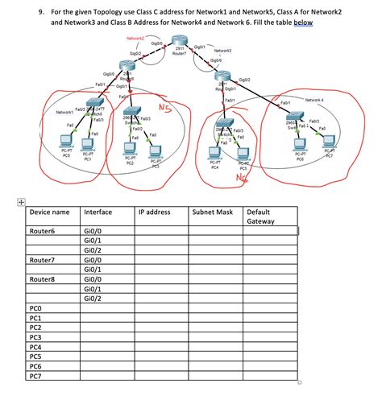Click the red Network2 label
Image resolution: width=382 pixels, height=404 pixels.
coord(139,39)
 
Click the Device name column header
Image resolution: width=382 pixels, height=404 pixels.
coord(50,212)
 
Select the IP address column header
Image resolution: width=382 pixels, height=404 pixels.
coord(153,212)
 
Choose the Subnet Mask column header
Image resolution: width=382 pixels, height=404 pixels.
coord(212,212)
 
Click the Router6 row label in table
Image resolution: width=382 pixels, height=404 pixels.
coord(43,231)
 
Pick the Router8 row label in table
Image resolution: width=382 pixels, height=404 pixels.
coord(43,278)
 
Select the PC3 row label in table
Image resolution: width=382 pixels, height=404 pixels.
coord(35,337)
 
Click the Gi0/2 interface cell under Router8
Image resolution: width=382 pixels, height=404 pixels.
coord(93,298)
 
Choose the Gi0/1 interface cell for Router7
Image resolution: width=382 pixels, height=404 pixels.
coord(93,269)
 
